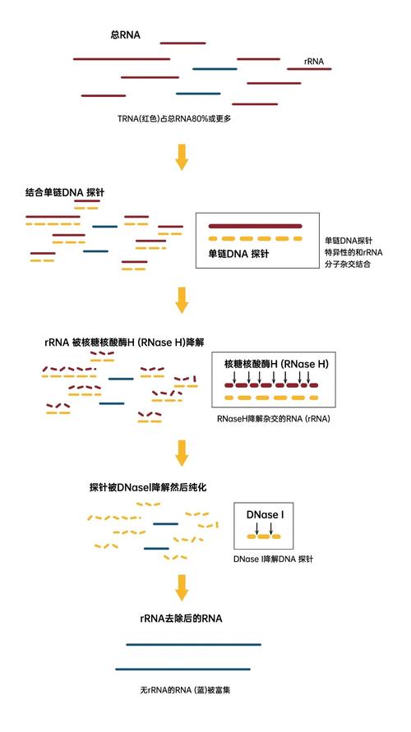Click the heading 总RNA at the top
[126, 34]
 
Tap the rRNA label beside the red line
[314, 60]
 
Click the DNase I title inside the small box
[265, 515]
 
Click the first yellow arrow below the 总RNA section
[182, 156]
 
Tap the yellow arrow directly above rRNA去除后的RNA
[182, 585]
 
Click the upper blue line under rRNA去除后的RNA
[194, 645]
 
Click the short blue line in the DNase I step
[165, 523]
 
